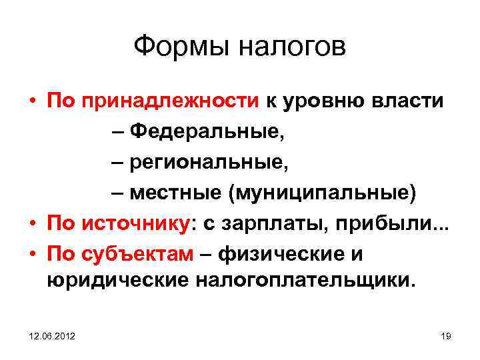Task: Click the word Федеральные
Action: (x=207, y=131)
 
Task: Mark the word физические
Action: (x=287, y=254)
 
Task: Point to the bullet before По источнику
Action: (x=32, y=224)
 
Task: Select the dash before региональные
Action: (x=117, y=162)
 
